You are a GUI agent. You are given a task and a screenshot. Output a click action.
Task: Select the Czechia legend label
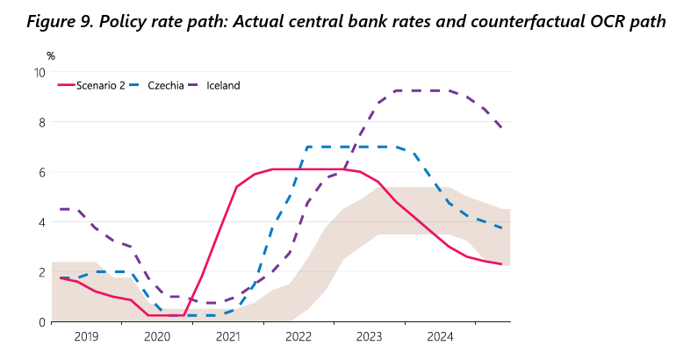pos(165,85)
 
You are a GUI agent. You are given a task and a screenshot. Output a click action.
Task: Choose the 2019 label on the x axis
pos(86,336)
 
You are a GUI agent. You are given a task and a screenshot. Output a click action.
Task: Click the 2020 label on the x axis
pos(157,336)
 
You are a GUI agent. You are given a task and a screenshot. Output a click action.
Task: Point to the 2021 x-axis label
pos(228,336)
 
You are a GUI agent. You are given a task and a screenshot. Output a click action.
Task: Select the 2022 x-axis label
pos(298,336)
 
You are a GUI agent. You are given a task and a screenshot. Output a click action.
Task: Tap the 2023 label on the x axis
pos(370,336)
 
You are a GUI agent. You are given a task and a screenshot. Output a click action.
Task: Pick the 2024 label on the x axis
pos(440,336)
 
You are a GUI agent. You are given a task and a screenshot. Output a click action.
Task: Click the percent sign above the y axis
pos(51,56)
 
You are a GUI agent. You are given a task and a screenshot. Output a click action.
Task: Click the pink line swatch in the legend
pos(66,85)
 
